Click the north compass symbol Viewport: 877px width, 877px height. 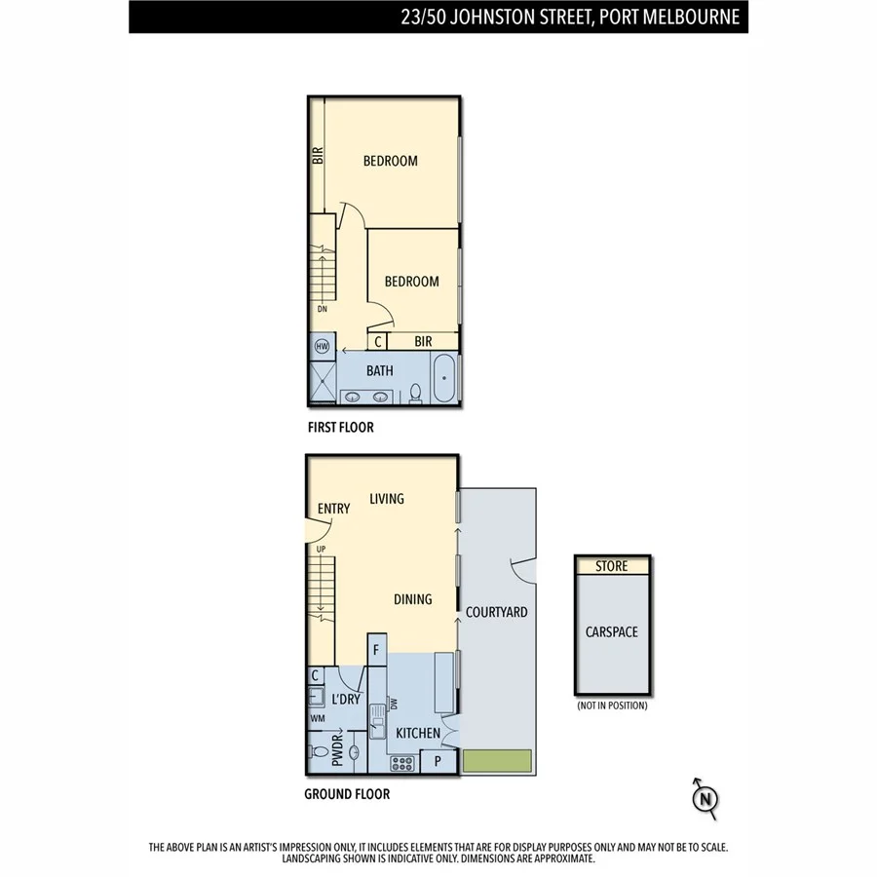click(x=705, y=798)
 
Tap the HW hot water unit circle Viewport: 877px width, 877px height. click(x=323, y=346)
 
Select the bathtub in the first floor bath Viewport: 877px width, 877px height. click(x=444, y=379)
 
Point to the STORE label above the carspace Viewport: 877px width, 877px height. click(x=612, y=566)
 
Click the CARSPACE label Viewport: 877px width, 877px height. click(x=612, y=632)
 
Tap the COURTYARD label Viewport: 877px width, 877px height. click(x=497, y=612)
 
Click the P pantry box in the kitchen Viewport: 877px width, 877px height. click(x=438, y=761)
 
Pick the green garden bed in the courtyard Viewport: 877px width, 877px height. click(x=497, y=762)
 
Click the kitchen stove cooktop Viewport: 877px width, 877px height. click(x=402, y=762)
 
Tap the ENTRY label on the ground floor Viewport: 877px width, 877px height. click(x=333, y=509)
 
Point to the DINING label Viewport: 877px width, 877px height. click(x=412, y=599)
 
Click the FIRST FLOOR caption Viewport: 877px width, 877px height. click(x=340, y=428)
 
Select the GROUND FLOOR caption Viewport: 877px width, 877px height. click(x=347, y=794)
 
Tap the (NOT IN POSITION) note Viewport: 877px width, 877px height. click(x=612, y=705)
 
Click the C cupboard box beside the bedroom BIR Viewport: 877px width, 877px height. click(x=377, y=341)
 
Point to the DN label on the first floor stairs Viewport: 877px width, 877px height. click(x=321, y=309)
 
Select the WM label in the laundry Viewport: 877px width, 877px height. click(x=317, y=719)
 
